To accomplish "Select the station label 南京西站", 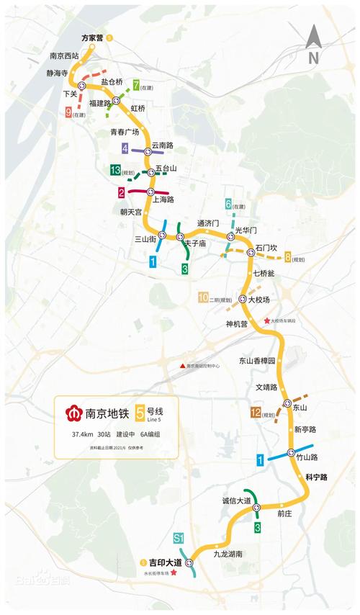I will (x=65, y=55).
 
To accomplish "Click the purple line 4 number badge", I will (x=125, y=149).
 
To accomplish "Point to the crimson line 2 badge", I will (x=122, y=192).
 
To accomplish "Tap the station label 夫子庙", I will (x=195, y=244).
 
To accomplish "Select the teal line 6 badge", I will (x=228, y=204).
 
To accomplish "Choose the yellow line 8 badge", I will (x=288, y=256).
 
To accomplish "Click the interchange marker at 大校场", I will (x=243, y=298).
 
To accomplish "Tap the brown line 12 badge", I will (x=255, y=413).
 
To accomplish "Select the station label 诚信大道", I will (x=236, y=500).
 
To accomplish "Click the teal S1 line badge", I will (x=179, y=537).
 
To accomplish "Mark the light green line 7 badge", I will (x=136, y=87).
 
